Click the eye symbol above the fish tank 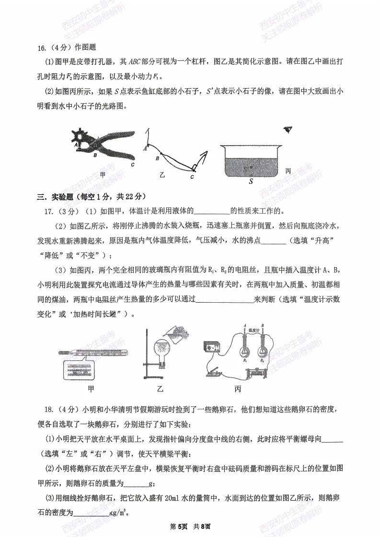[x=288, y=129]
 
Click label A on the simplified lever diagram [x=144, y=149]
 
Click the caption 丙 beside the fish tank [x=288, y=171]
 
